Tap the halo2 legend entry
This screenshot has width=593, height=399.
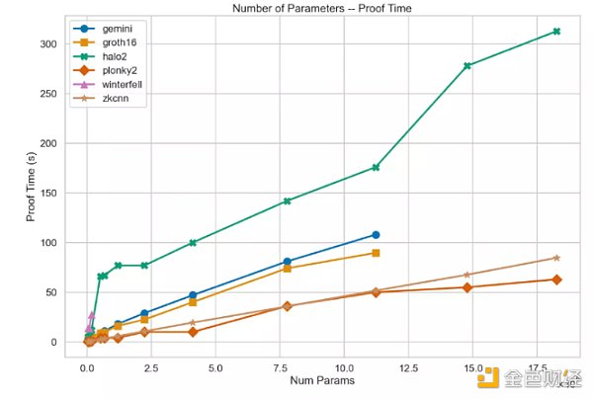[x=112, y=57]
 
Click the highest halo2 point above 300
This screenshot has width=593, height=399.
[x=556, y=32]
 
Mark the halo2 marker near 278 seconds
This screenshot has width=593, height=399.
[x=466, y=66]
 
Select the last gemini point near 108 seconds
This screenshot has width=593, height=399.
[x=376, y=235]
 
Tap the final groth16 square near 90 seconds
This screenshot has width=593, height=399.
[x=376, y=253]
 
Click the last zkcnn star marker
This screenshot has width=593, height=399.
[x=556, y=258]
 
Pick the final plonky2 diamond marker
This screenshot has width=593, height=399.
[x=556, y=279]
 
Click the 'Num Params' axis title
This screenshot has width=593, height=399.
[x=312, y=381]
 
